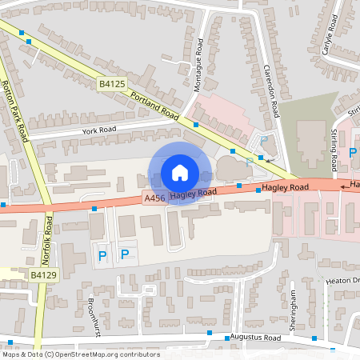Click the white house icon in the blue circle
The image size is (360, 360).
180,173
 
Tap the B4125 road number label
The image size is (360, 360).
112,83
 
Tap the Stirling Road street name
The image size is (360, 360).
334,150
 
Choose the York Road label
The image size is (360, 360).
99,129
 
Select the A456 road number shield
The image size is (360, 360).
154,198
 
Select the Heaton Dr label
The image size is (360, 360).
343,281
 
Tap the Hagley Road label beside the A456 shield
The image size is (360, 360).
193,193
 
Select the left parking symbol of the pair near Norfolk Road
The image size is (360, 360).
102,255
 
